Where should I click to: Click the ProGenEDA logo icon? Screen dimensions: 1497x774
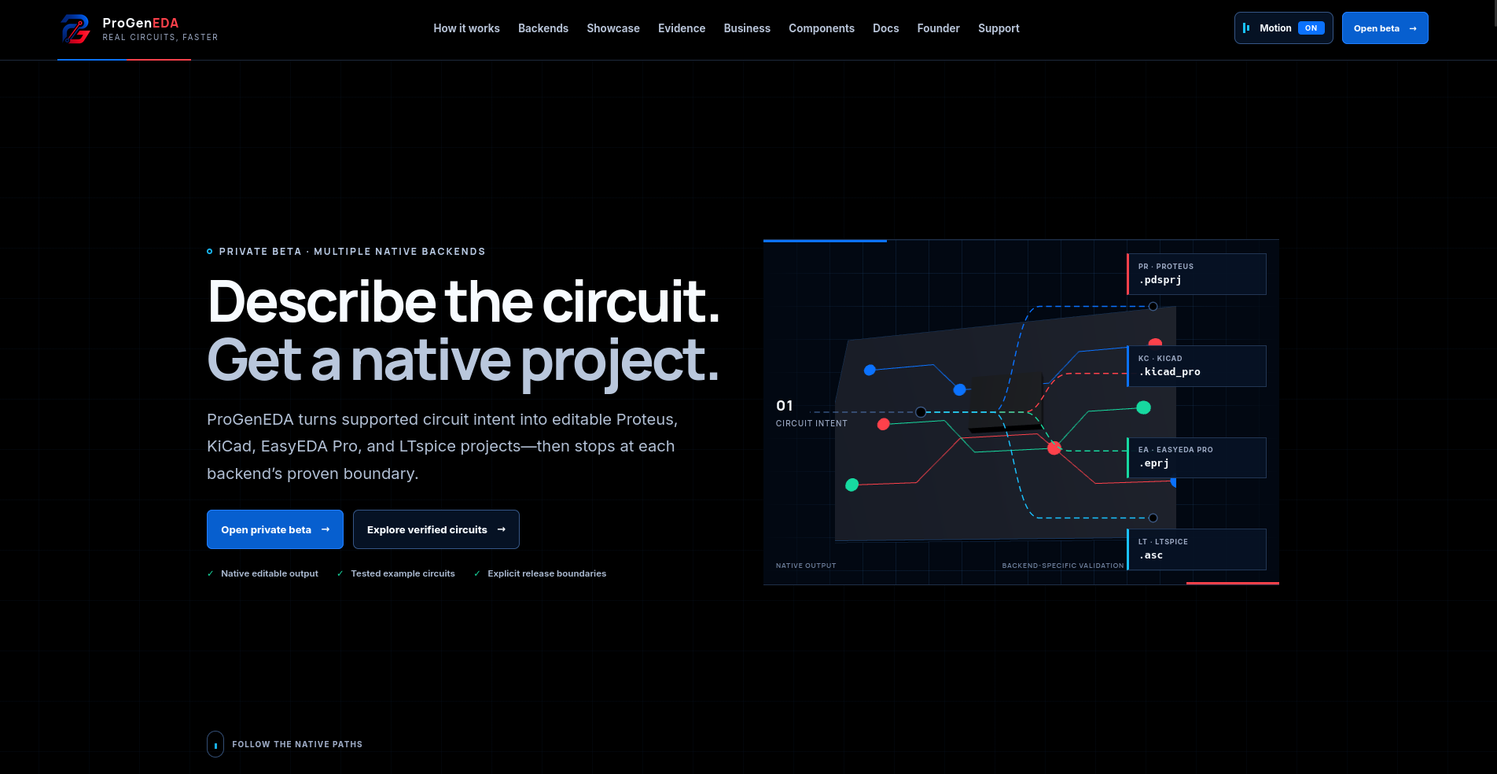pyautogui.click(x=75, y=29)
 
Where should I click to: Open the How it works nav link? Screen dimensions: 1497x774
pyautogui.click(x=466, y=28)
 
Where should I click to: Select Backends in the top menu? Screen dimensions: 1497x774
pyautogui.click(x=543, y=28)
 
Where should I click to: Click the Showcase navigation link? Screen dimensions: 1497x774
pyautogui.click(x=613, y=28)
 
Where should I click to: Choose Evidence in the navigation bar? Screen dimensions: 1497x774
pyautogui.click(x=682, y=28)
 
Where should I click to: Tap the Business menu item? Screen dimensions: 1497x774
pyautogui.click(x=747, y=28)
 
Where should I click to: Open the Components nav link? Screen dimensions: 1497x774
pyautogui.click(x=822, y=28)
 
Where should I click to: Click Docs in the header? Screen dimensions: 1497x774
pyautogui.click(x=885, y=28)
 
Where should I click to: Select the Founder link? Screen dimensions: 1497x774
pyautogui.click(x=938, y=28)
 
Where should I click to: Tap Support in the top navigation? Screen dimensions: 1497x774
pyautogui.click(x=999, y=28)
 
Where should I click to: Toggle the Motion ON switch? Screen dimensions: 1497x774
pyautogui.click(x=1283, y=28)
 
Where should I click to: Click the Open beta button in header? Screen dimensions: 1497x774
pyautogui.click(x=1385, y=28)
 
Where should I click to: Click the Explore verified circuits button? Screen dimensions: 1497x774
pyautogui.click(x=436, y=529)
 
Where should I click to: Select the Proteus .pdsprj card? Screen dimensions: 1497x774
pyautogui.click(x=1197, y=274)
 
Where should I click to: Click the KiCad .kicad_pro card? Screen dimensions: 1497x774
pyautogui.click(x=1197, y=366)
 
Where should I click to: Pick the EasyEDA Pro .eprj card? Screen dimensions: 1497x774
pyautogui.click(x=1197, y=458)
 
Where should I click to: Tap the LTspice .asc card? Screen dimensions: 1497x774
pyautogui.click(x=1197, y=549)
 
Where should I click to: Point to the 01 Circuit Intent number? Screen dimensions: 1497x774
pyautogui.click(x=785, y=406)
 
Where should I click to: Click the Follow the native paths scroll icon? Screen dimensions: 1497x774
pyautogui.click(x=215, y=744)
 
